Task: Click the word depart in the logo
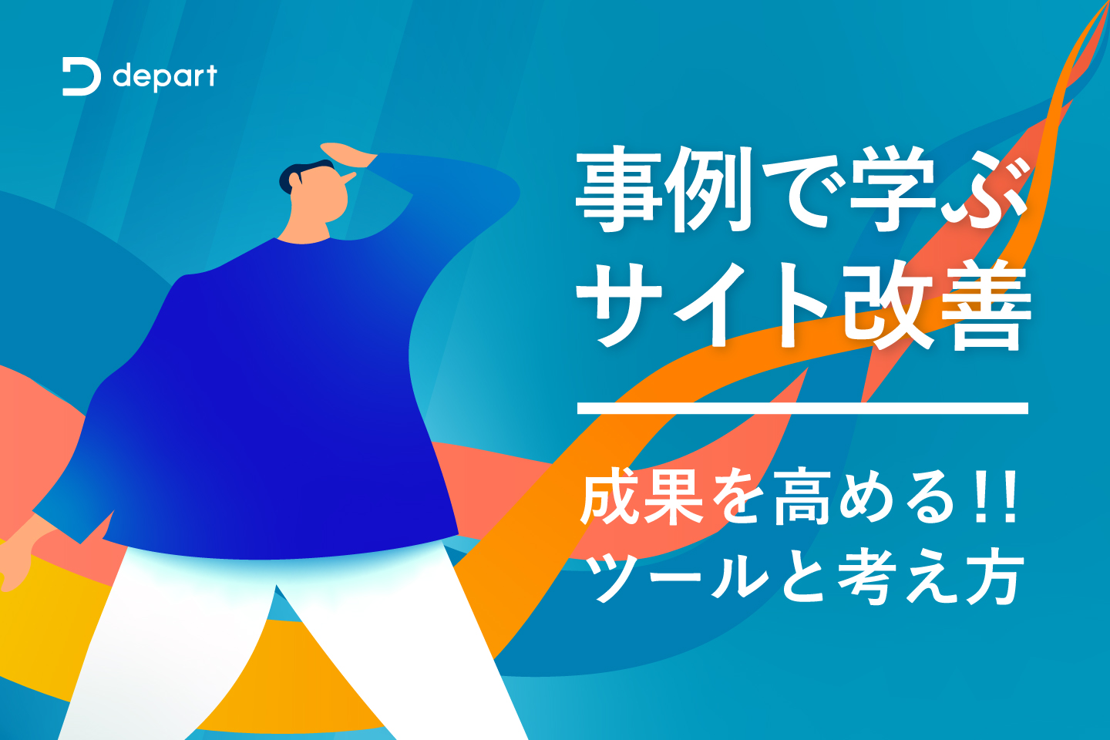click(165, 78)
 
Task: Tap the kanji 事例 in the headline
click(662, 190)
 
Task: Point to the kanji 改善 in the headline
click(937, 304)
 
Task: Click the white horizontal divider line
click(802, 408)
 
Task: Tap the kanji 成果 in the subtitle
click(641, 497)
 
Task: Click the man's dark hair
click(303, 174)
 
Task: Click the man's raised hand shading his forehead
click(348, 154)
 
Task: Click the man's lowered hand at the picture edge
click(23, 551)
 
